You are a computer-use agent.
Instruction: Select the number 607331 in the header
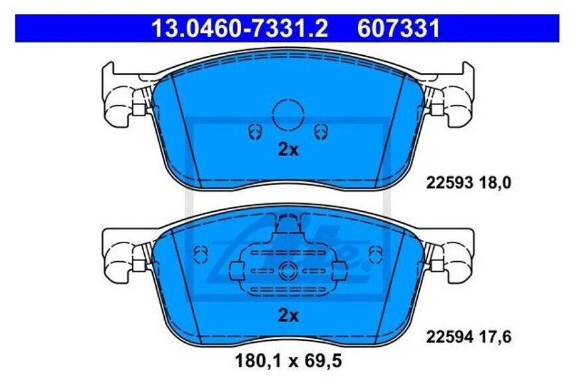[399, 29]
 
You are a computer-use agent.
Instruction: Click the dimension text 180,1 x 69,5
[287, 363]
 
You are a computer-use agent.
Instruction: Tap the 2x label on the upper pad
[288, 149]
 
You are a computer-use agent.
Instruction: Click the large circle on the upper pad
[288, 114]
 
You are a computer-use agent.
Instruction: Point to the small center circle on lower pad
[288, 269]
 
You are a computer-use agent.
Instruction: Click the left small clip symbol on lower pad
[201, 253]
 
